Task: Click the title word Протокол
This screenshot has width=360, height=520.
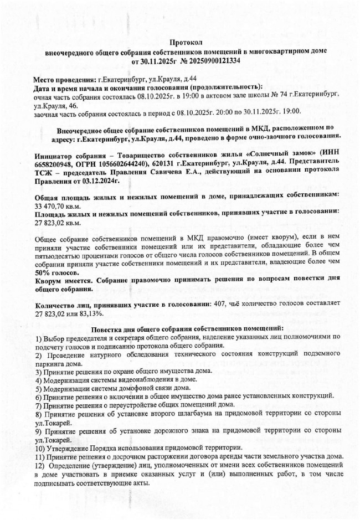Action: click(x=187, y=42)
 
